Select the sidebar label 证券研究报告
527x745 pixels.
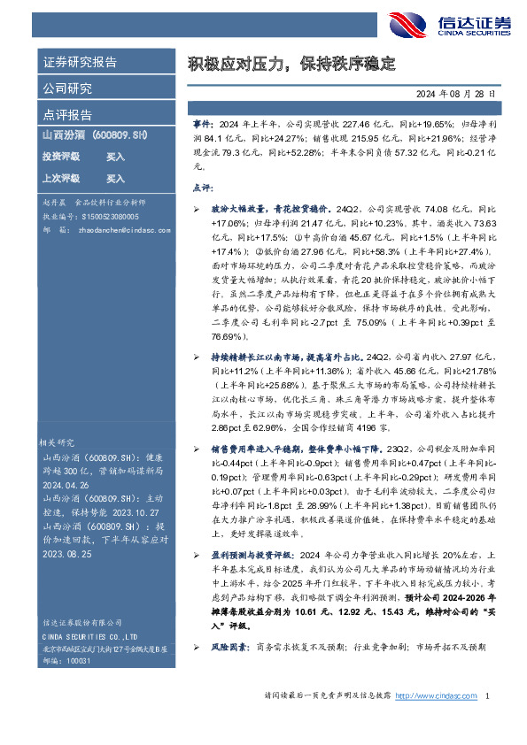tap(80, 63)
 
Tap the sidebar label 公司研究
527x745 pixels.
tap(67, 88)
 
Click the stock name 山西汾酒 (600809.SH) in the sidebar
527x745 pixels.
tap(94, 135)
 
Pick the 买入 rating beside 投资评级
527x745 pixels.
tap(115, 157)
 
